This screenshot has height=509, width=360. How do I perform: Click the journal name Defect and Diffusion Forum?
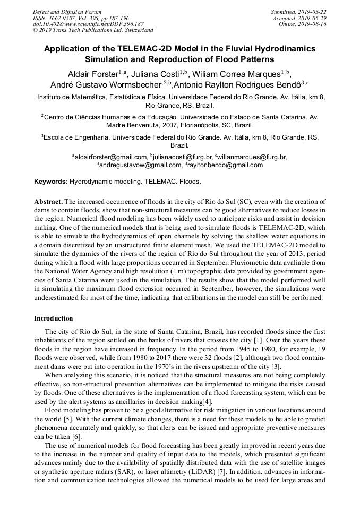click(67, 12)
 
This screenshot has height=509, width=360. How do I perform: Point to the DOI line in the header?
click(88, 24)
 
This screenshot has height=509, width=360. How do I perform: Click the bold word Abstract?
click(48, 202)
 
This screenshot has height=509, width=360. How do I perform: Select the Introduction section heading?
click(54, 318)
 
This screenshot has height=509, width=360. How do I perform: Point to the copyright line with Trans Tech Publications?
click(93, 31)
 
